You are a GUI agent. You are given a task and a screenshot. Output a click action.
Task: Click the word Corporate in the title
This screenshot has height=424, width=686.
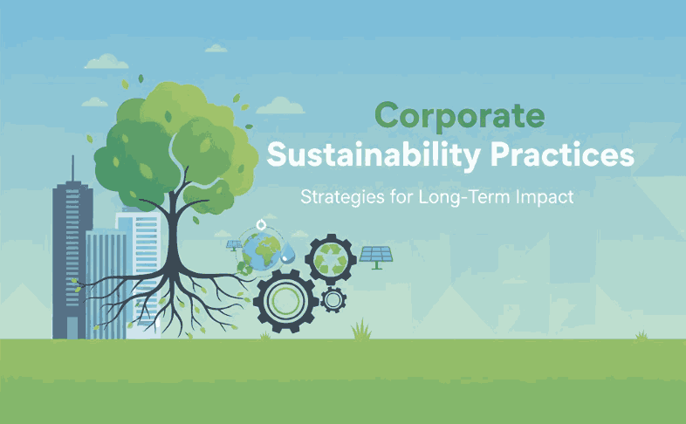point(459,115)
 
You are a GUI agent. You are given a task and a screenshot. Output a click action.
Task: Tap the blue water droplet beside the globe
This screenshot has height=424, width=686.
point(288,253)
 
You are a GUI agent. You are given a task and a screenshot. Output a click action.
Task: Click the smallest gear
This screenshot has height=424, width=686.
point(332,300)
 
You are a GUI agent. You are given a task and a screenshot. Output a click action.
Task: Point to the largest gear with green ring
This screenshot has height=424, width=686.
point(285,302)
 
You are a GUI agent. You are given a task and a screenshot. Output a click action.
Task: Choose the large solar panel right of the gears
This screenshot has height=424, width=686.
point(377,255)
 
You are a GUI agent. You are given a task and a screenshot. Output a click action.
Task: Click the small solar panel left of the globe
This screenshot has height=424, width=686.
point(235,246)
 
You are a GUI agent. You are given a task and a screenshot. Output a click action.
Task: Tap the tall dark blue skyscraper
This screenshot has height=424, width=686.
point(71,262)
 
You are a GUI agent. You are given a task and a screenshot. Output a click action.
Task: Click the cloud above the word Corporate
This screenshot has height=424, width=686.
point(280,106)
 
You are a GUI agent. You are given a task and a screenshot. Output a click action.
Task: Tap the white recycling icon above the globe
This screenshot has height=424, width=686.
point(263,224)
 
